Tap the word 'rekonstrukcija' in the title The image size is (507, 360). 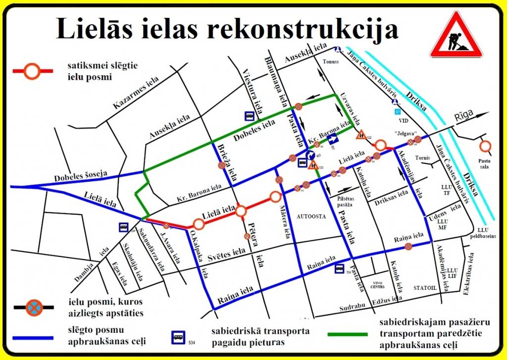302,29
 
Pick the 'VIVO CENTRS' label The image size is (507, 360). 379,285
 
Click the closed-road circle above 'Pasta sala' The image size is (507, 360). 485,146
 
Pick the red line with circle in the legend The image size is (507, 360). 32,71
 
